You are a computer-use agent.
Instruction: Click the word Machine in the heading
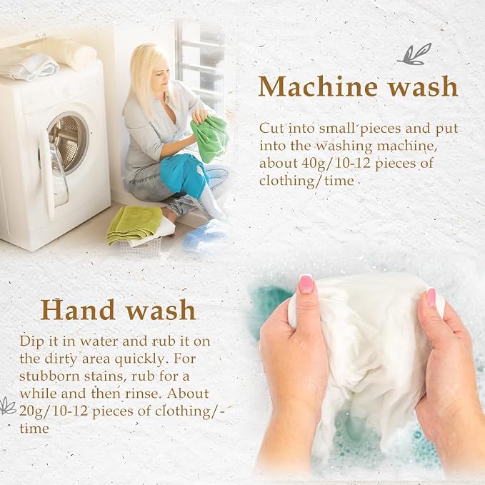pyautogui.click(x=318, y=86)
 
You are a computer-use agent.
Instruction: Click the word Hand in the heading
pyautogui.click(x=78, y=309)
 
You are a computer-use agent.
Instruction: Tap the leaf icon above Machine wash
pyautogui.click(x=414, y=54)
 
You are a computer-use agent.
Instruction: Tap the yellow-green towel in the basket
pyautogui.click(x=134, y=224)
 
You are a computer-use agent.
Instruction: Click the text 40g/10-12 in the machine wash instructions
pyautogui.click(x=336, y=164)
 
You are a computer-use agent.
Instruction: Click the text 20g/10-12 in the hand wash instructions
pyautogui.click(x=54, y=411)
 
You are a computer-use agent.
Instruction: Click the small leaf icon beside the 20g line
pyautogui.click(x=7, y=406)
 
